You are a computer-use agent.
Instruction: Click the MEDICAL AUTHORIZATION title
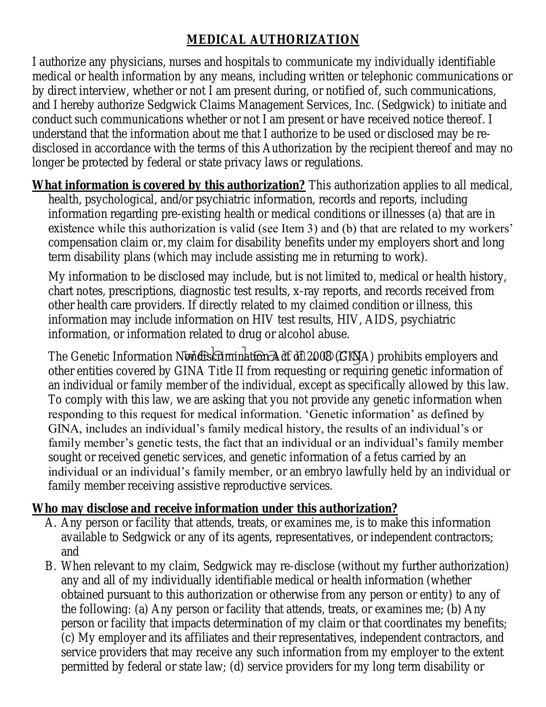tap(273, 40)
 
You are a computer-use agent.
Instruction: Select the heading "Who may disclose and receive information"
tap(215, 509)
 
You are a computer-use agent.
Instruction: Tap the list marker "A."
tap(50, 523)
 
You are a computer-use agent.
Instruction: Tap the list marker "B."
tap(50, 566)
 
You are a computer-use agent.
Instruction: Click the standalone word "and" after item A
tap(70, 552)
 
